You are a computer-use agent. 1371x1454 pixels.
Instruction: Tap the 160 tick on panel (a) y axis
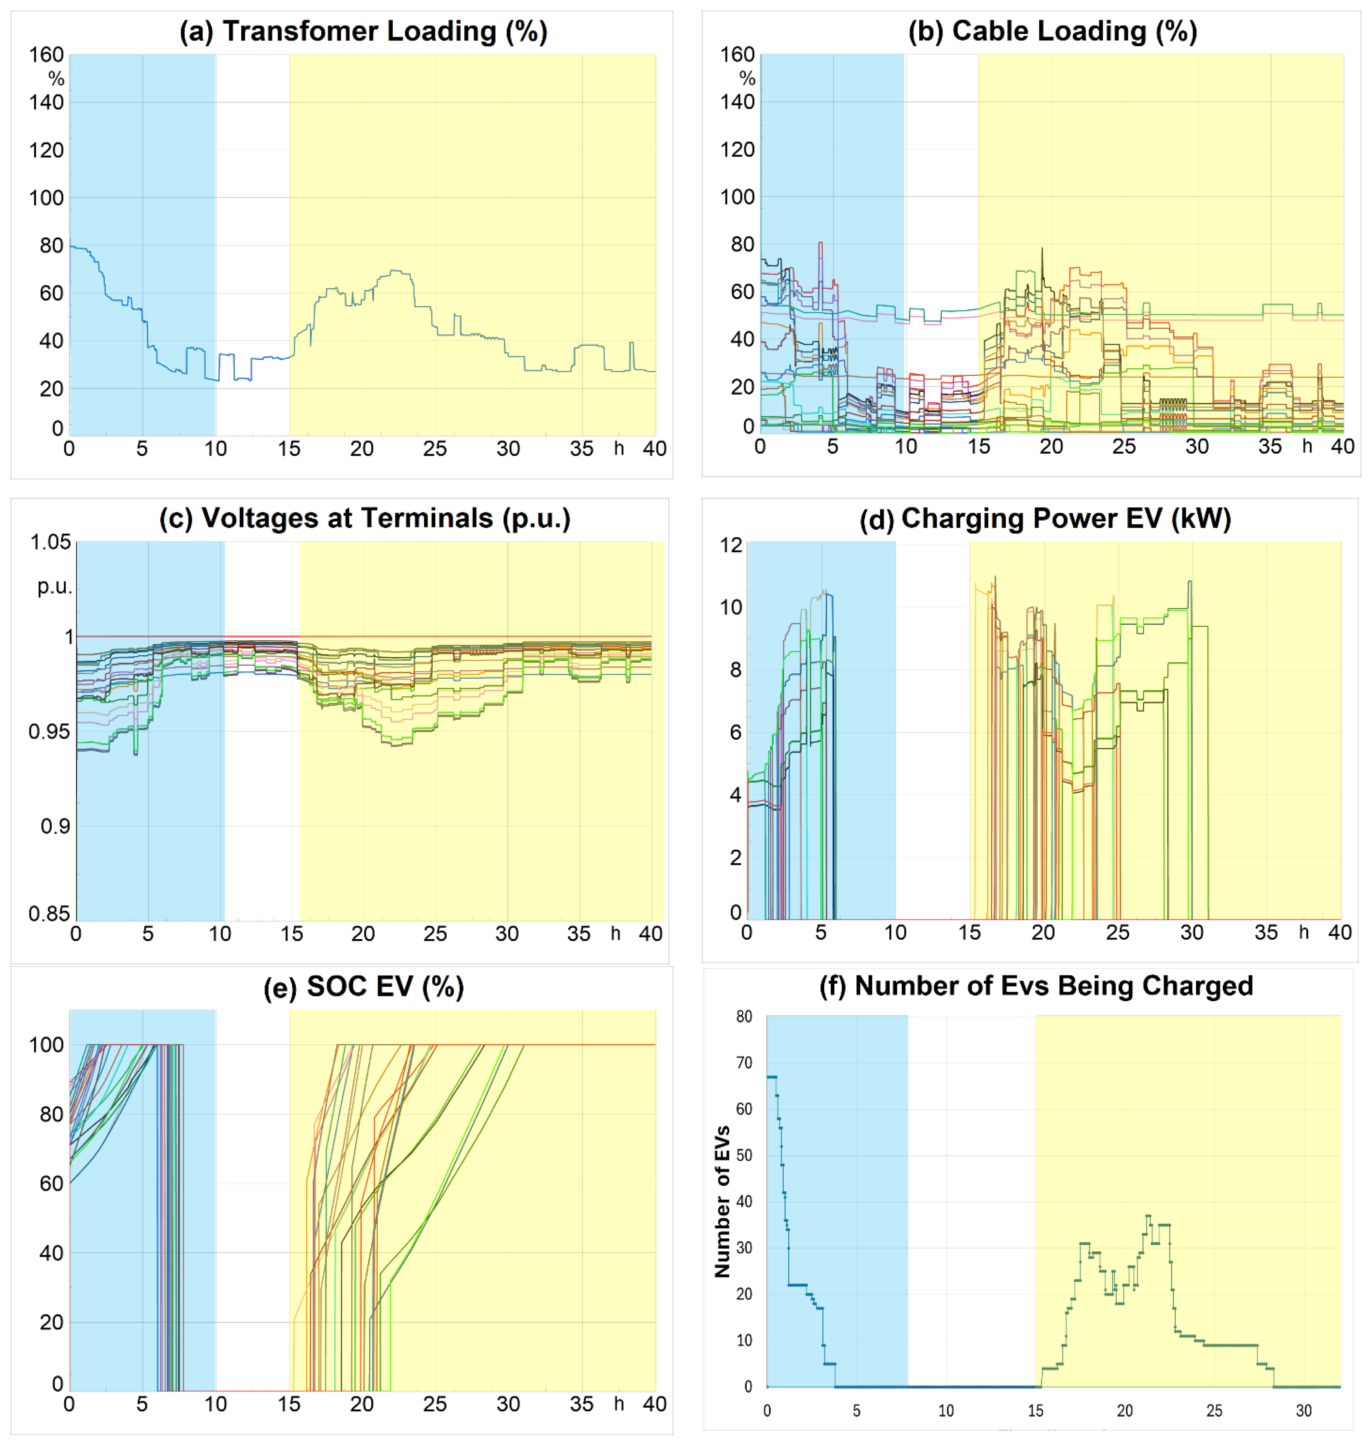[x=46, y=55]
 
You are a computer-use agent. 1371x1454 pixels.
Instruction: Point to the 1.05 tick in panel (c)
[x=50, y=542]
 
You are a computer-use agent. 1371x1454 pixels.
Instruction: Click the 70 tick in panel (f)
[x=743, y=1063]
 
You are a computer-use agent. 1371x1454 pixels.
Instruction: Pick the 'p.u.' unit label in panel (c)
[x=55, y=586]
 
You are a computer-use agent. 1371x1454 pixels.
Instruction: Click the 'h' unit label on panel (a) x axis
[x=618, y=448]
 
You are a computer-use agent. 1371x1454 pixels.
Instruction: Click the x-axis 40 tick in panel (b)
[x=1342, y=446]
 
